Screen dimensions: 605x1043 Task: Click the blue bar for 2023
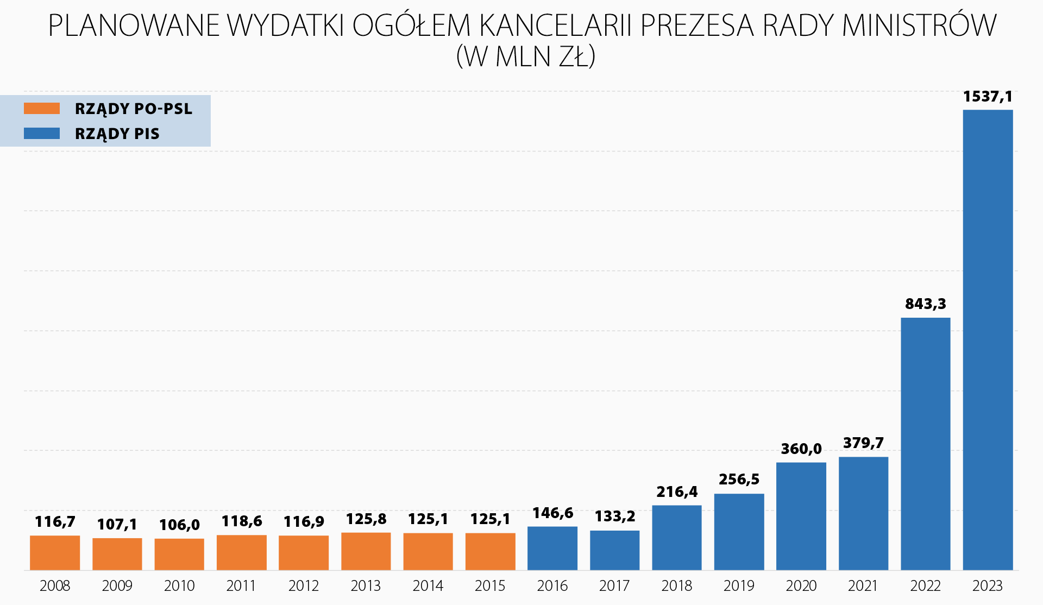pyautogui.click(x=988, y=339)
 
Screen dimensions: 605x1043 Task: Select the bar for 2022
pyautogui.click(x=925, y=443)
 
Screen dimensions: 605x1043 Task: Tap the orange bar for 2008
pyautogui.click(x=55, y=552)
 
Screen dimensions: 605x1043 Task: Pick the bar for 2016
pyautogui.click(x=552, y=548)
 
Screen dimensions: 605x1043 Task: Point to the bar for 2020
pyautogui.click(x=801, y=516)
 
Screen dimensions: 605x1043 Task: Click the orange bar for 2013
pyautogui.click(x=366, y=551)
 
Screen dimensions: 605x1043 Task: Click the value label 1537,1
pyautogui.click(x=987, y=97)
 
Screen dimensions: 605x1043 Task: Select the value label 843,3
pyautogui.click(x=925, y=304)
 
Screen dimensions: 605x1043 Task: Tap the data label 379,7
pyautogui.click(x=863, y=443)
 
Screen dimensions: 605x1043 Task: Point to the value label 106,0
pyautogui.click(x=179, y=525)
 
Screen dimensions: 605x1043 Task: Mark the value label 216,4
pyautogui.click(x=677, y=491)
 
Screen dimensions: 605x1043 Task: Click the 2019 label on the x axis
pyautogui.click(x=739, y=585)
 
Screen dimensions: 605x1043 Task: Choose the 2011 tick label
pyautogui.click(x=241, y=585)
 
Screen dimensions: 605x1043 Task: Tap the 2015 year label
pyautogui.click(x=490, y=585)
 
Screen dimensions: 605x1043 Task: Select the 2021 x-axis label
pyautogui.click(x=863, y=585)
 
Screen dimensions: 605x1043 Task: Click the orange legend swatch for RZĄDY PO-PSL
pyautogui.click(x=42, y=109)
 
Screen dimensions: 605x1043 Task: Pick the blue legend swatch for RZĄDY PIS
pyautogui.click(x=42, y=133)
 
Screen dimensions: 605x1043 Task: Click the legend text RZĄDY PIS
pyautogui.click(x=117, y=134)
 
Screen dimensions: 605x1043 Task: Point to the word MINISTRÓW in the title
pyautogui.click(x=919, y=25)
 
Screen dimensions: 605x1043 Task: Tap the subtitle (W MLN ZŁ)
pyautogui.click(x=525, y=56)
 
